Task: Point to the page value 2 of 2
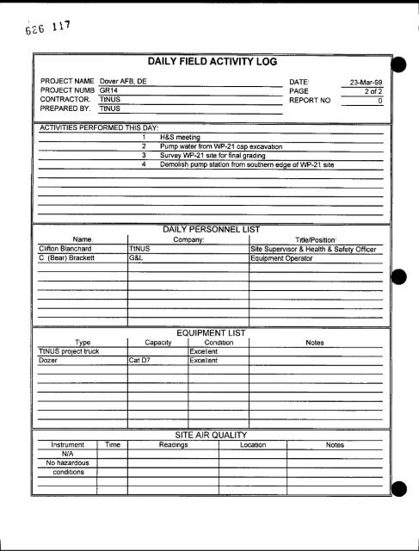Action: pos(372,90)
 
